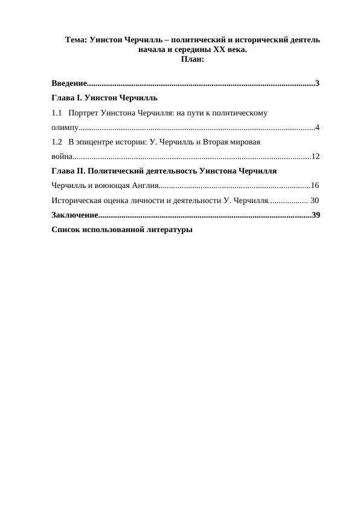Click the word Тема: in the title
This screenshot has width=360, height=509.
76,40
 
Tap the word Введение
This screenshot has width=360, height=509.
69,83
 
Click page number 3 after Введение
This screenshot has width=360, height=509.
317,83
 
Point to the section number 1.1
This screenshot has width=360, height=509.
57,112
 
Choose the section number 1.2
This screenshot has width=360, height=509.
57,142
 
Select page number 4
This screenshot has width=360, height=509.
317,127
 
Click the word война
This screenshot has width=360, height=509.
62,157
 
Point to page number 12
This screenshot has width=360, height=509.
315,157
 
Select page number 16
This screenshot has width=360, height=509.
315,185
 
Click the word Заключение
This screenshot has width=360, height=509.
74,215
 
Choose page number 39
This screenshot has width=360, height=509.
316,215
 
